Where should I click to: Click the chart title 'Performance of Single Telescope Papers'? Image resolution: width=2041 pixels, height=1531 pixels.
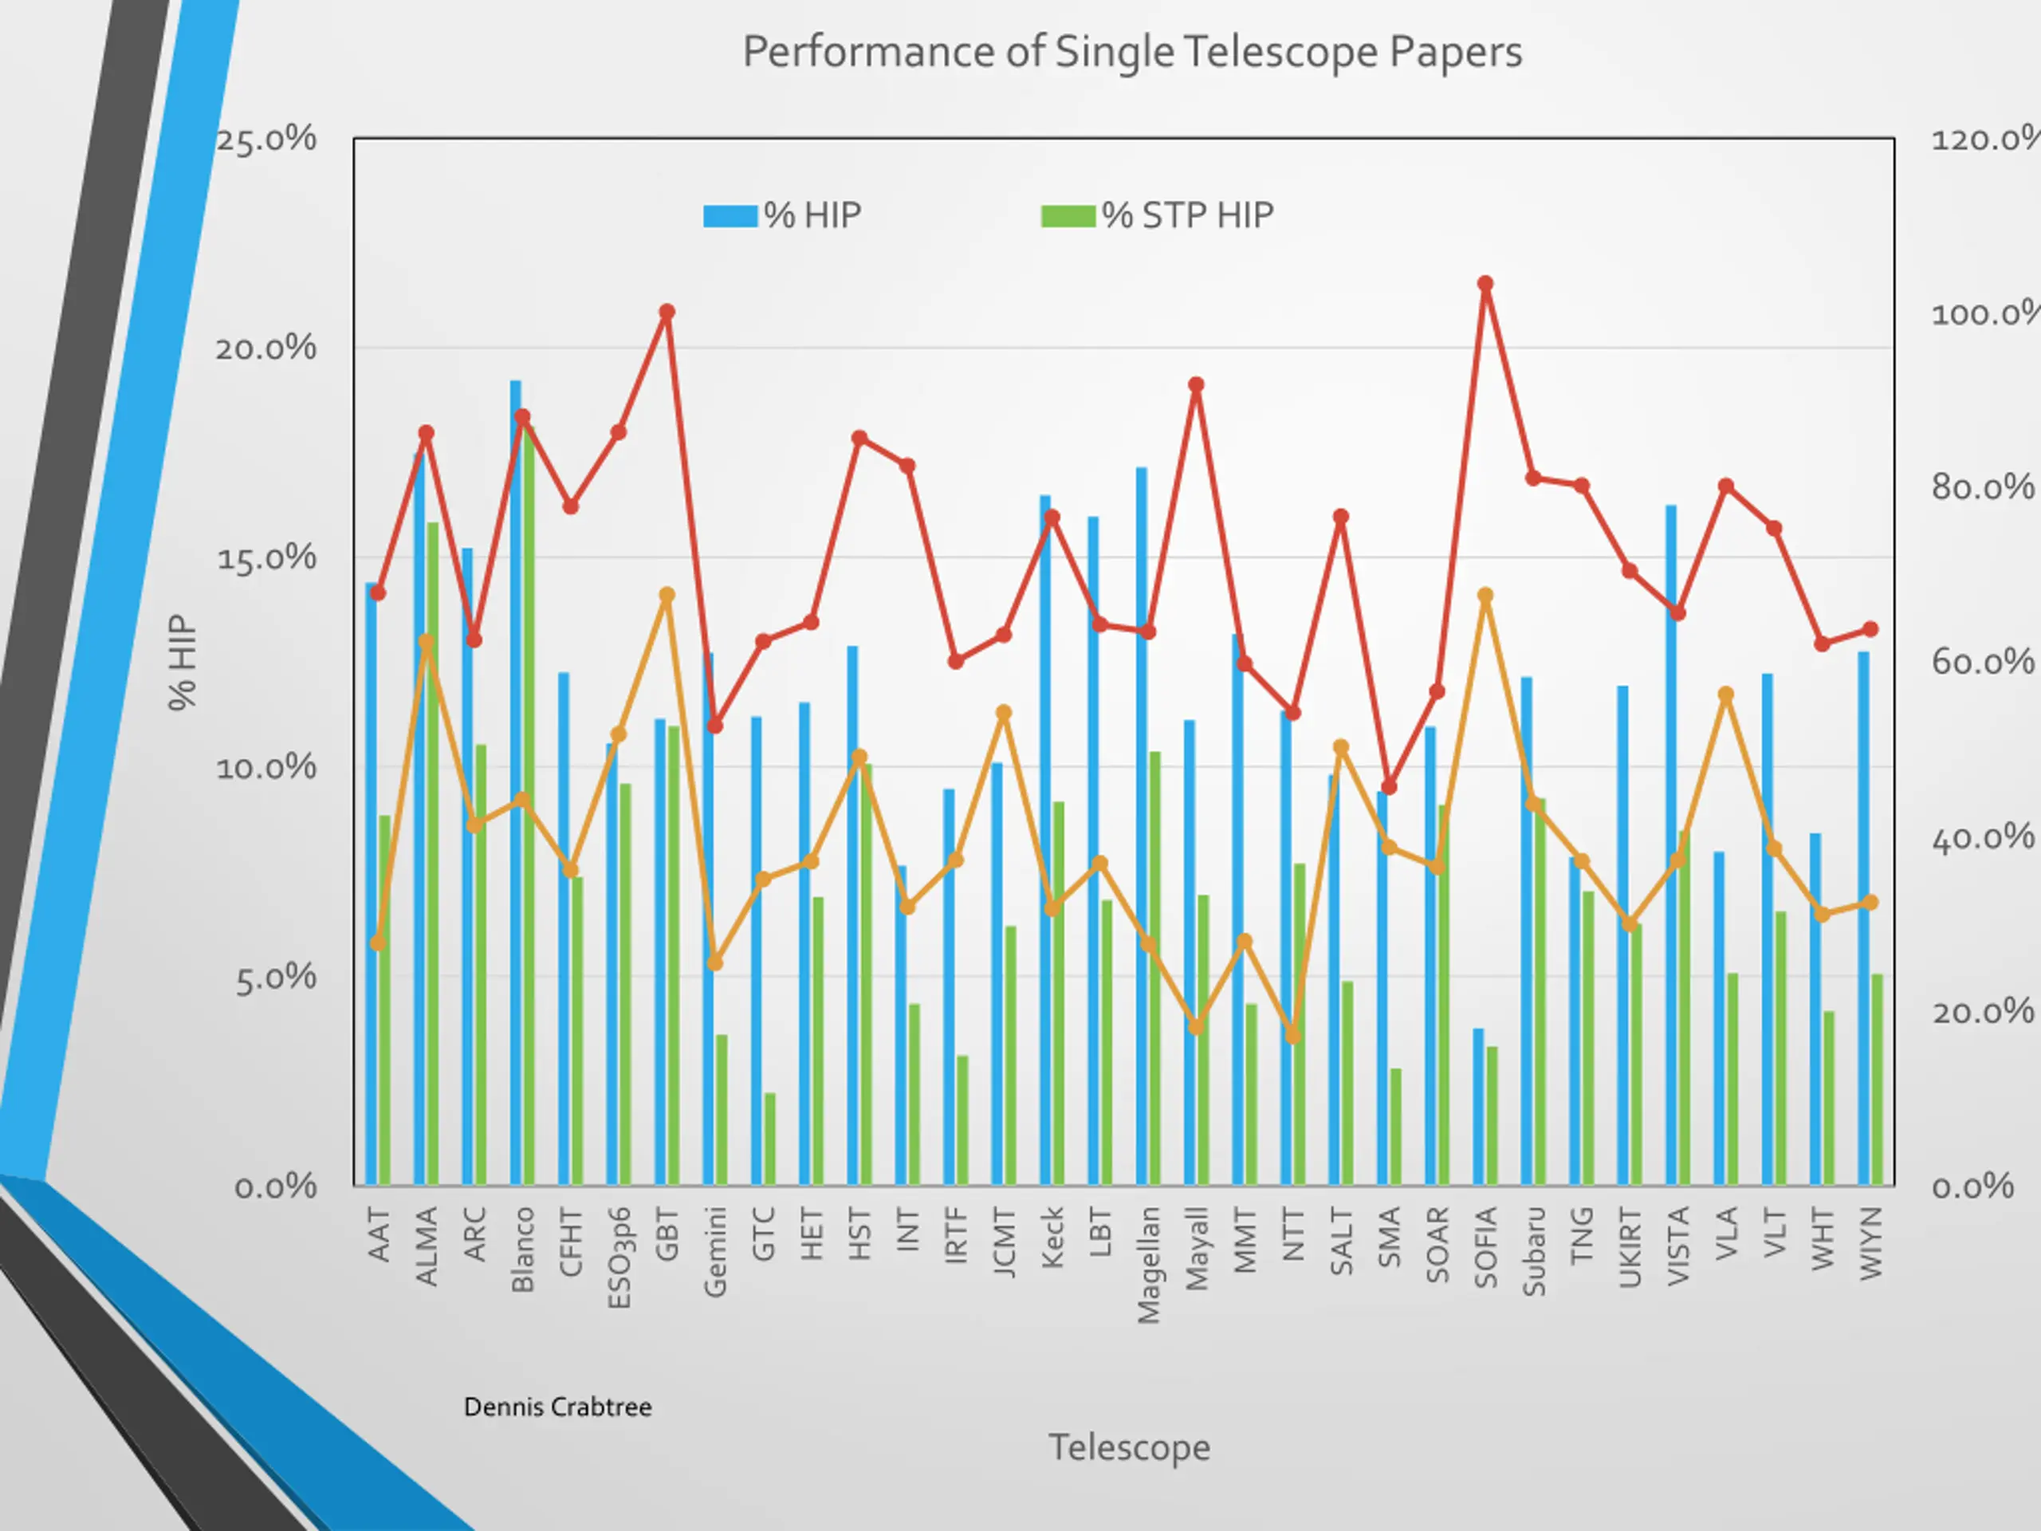[1131, 53]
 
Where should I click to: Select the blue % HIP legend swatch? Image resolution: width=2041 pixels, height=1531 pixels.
[729, 216]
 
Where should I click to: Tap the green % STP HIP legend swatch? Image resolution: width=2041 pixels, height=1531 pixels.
[1068, 216]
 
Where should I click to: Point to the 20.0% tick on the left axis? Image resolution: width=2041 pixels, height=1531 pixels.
[265, 348]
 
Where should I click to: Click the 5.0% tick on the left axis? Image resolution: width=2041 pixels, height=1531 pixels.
[275, 978]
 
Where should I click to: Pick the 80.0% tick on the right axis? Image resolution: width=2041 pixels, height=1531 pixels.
[1982, 487]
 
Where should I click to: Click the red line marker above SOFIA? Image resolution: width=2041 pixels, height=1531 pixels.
[1485, 284]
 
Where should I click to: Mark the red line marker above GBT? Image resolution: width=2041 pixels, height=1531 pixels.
[667, 313]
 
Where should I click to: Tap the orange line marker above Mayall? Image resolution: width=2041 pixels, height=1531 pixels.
[1196, 1026]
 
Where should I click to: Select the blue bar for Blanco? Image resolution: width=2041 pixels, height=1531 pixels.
[515, 785]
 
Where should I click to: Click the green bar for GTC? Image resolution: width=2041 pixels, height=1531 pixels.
[769, 1139]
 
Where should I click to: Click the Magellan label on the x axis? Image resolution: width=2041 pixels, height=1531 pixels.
[1148, 1265]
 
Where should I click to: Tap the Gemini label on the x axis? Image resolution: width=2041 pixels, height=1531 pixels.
[715, 1251]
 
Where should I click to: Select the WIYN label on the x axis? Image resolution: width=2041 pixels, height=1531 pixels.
[1870, 1243]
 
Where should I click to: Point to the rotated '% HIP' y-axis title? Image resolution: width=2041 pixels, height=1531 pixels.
[183, 662]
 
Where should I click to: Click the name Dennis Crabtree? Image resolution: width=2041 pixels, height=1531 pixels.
[557, 1407]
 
